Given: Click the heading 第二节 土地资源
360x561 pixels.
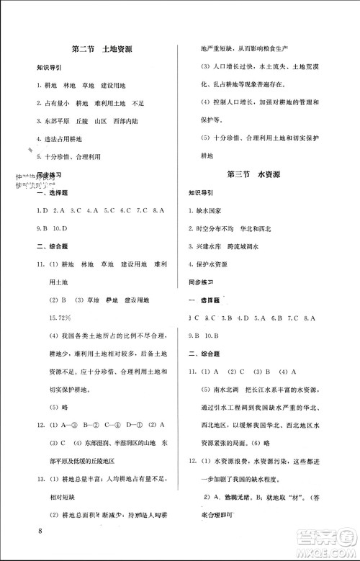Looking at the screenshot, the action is coord(107,50).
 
